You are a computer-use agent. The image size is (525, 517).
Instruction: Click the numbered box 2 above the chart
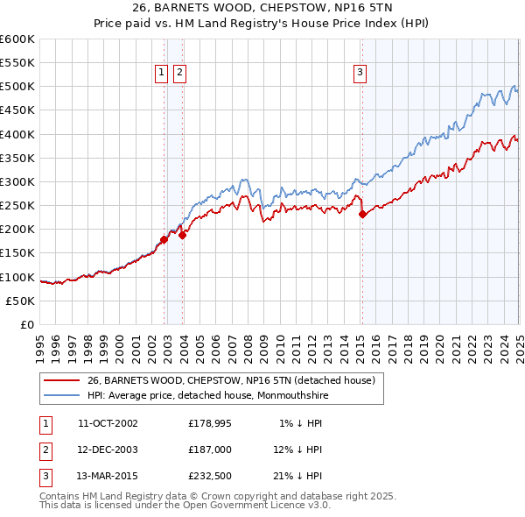[179, 74]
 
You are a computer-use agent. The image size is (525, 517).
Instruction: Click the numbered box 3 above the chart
[360, 74]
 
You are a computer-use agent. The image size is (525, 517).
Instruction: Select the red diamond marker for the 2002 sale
[164, 239]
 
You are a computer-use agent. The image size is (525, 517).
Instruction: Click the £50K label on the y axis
[21, 301]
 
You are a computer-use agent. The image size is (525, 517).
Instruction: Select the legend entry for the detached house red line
[231, 380]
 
